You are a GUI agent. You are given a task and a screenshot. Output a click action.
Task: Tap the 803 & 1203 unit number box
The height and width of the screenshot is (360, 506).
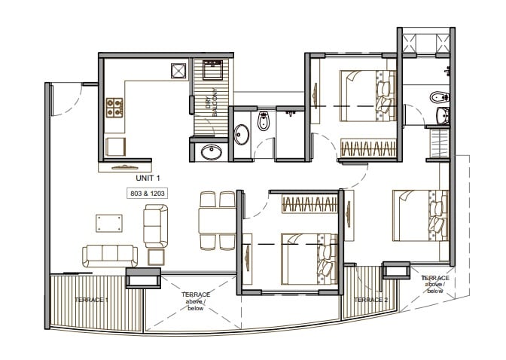147,194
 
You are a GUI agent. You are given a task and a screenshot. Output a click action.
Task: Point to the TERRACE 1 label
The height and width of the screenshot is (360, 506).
92,300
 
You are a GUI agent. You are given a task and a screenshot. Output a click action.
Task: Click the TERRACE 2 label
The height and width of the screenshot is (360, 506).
370,300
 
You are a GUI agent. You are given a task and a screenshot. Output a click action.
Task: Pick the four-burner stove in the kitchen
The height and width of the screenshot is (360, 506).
114,107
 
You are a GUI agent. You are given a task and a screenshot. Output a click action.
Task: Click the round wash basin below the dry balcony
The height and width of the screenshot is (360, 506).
212,152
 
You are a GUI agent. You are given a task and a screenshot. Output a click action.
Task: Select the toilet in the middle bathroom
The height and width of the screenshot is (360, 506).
263,121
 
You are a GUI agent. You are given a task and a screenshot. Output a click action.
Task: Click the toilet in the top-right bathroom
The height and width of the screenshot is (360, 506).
438,97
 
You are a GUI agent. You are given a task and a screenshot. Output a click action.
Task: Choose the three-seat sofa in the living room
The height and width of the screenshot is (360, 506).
110,255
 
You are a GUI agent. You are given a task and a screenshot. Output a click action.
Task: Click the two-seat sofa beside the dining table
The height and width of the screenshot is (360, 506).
156,225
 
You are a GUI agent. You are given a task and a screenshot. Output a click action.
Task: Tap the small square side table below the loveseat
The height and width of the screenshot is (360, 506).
156,257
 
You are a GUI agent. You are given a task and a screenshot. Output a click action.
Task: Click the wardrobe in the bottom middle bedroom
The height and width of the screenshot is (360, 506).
309,204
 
